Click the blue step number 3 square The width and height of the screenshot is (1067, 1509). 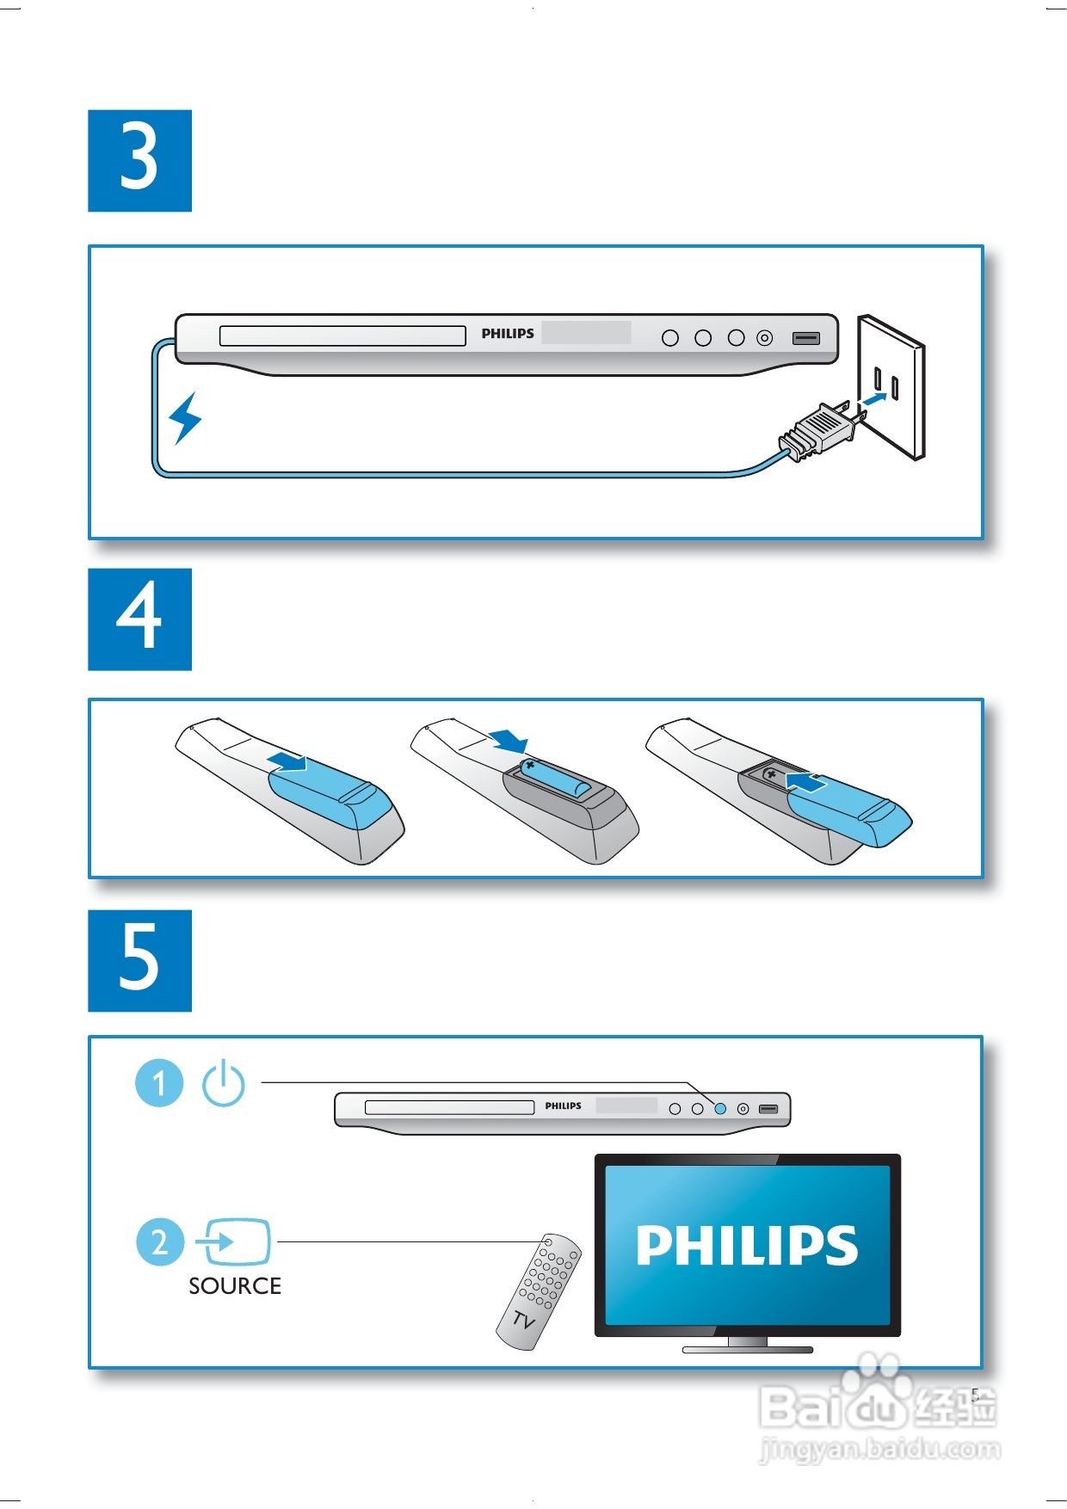point(139,160)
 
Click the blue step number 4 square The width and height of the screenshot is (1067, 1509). point(139,619)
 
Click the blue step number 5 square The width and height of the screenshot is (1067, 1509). point(139,960)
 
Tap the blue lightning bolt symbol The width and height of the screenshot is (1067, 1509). point(185,418)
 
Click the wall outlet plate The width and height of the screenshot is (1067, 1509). point(891,387)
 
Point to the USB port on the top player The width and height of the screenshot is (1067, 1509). point(806,338)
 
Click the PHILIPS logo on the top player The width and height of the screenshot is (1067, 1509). point(508,334)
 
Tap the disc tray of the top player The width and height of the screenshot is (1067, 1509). point(342,336)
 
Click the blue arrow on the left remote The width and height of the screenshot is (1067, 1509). point(287,761)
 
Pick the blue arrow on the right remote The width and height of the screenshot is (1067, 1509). point(806,782)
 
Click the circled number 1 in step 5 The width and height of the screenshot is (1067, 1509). point(159,1083)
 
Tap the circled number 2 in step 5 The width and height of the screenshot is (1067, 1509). point(160,1242)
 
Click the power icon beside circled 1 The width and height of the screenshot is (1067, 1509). point(224,1082)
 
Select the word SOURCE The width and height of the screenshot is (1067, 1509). point(235,1286)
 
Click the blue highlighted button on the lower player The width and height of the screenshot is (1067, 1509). point(720,1109)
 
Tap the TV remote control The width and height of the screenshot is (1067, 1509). point(539,1291)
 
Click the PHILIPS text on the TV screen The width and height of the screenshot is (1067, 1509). point(747,1246)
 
